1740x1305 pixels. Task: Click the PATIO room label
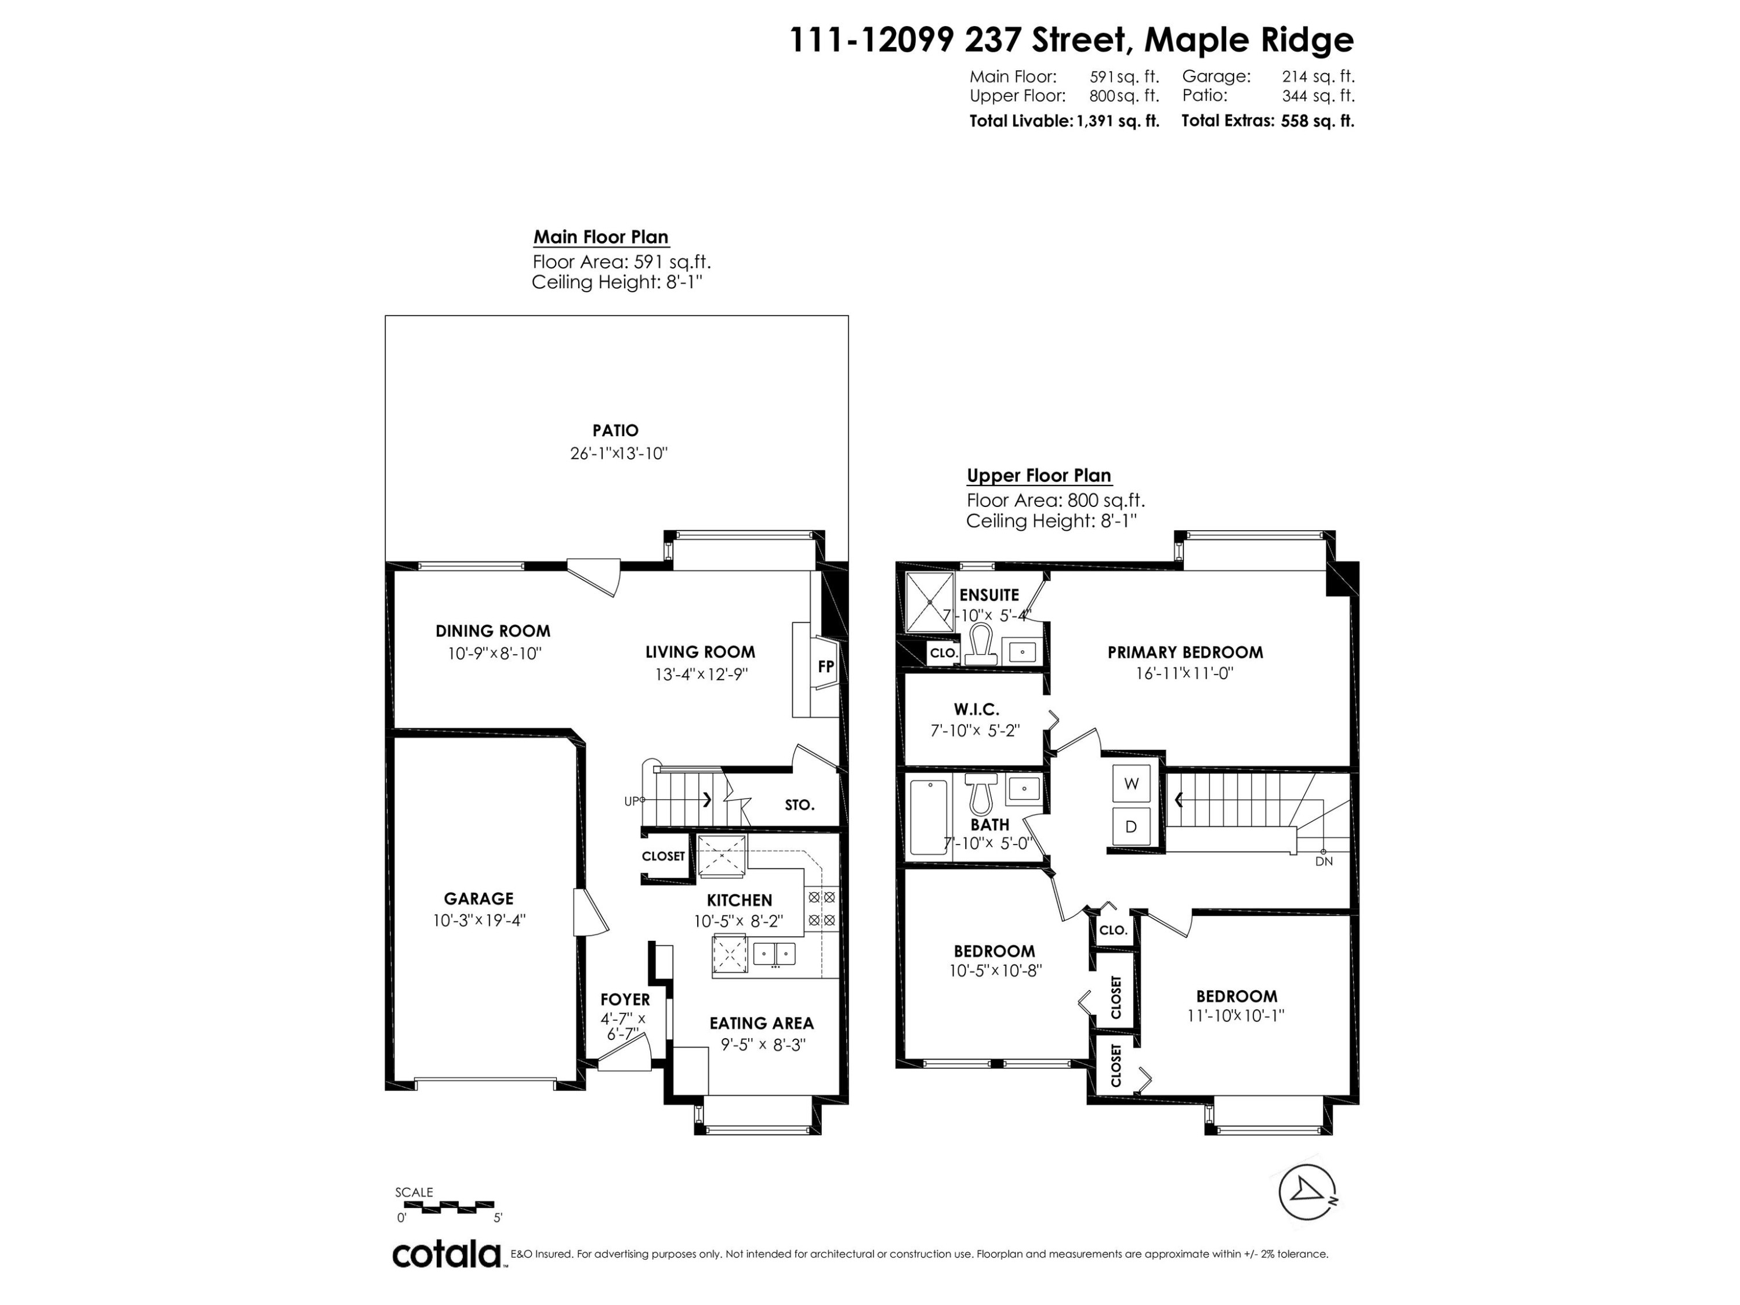[x=615, y=430]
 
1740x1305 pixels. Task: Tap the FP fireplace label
[x=825, y=666]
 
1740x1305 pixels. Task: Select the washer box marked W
[x=1131, y=784]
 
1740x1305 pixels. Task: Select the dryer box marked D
[x=1131, y=826]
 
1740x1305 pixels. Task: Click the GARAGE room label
[x=478, y=898]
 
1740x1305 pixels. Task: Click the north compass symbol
[x=1307, y=1192]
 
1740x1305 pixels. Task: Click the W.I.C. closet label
[x=976, y=709]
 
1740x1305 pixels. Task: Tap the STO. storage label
[x=799, y=804]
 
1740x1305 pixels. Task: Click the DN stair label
[x=1324, y=861]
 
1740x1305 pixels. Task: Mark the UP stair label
[x=632, y=801]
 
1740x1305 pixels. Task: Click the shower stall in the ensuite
[x=929, y=602]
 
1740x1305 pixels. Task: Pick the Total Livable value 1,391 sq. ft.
[x=1118, y=121]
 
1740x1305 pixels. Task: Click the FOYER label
[x=625, y=999]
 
